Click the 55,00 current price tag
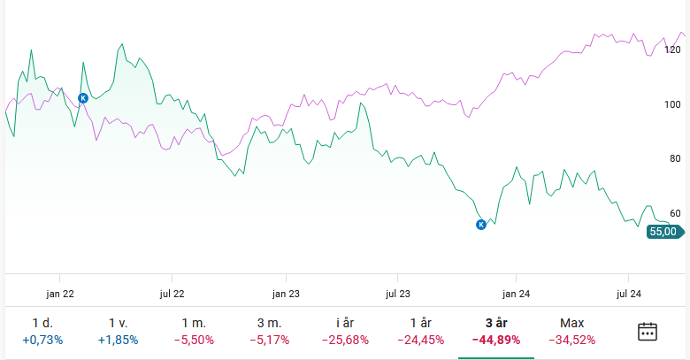663,232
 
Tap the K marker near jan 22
83,98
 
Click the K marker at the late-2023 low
481,225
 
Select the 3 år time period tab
495,331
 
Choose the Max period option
571,331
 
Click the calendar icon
648,332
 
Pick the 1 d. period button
42,331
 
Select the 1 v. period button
118,331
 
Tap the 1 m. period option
194,331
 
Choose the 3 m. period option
269,331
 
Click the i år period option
344,331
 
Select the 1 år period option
420,331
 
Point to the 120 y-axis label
672,50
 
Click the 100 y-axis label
672,104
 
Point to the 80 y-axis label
675,158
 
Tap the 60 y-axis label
675,213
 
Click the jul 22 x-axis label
172,294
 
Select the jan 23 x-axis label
286,294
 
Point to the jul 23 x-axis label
399,294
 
